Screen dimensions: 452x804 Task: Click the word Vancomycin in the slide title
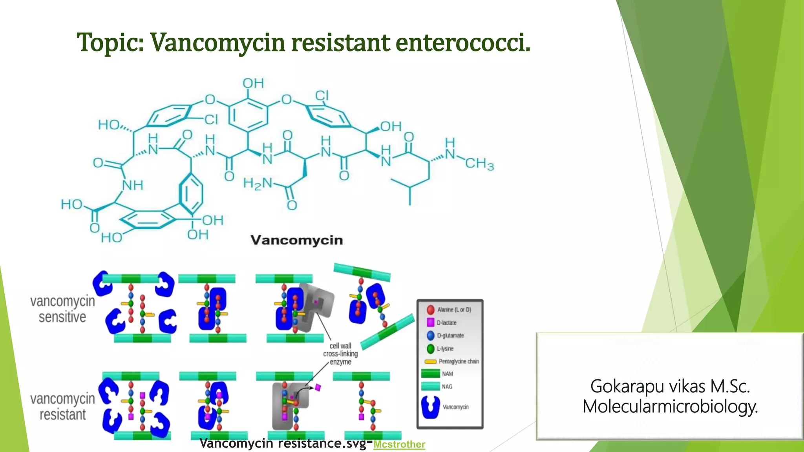217,42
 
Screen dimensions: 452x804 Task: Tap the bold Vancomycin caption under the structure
296,240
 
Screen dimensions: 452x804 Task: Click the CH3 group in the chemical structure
479,163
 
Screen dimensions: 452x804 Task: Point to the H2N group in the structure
258,183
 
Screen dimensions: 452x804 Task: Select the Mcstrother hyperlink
399,444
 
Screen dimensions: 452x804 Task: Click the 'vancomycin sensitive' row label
62,309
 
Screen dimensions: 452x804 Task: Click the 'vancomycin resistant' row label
62,406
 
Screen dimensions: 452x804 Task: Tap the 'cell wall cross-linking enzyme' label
340,354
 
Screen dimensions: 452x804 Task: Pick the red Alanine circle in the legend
431,310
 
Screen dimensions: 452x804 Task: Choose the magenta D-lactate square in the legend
431,323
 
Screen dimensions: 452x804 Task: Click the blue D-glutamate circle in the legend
431,335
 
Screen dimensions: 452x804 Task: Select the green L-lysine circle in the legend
431,348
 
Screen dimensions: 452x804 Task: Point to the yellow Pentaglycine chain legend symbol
431,361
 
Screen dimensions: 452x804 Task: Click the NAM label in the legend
447,374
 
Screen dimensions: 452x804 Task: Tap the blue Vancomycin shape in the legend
431,407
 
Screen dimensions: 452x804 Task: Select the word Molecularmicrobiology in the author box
670,406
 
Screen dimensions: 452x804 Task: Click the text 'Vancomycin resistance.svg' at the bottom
282,443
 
